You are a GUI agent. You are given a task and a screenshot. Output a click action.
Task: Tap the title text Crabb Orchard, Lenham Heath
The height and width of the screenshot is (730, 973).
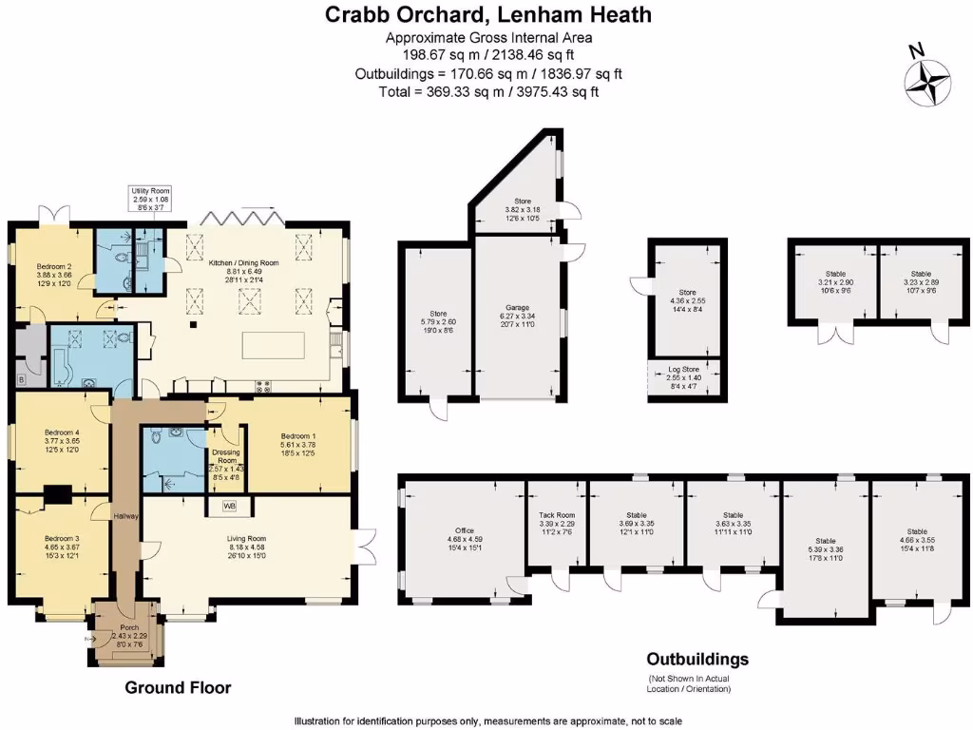[x=488, y=15]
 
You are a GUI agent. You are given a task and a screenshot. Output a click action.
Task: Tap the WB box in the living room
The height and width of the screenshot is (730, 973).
[x=230, y=505]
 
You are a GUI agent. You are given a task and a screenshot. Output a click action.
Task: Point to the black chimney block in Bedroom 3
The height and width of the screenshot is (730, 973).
[x=58, y=493]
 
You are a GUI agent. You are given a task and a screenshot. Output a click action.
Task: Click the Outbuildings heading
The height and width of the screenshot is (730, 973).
[x=697, y=659]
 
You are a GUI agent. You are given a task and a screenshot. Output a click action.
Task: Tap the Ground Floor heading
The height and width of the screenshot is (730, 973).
[x=178, y=687]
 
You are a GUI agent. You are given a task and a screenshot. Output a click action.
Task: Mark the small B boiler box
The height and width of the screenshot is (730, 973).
[x=21, y=379]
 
